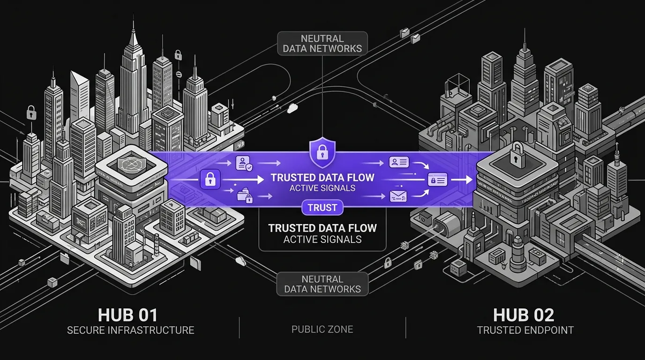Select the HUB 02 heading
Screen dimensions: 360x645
coord(524,315)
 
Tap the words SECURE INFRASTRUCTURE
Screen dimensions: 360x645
coord(130,330)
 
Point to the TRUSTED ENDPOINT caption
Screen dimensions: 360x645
coord(525,330)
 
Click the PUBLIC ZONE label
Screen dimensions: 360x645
coord(322,329)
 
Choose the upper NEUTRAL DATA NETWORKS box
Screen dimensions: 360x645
coord(322,44)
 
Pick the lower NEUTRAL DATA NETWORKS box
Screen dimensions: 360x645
coord(322,284)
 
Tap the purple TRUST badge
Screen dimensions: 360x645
coord(322,208)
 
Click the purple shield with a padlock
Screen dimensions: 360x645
coord(322,153)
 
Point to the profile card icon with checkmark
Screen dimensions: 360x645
coord(244,163)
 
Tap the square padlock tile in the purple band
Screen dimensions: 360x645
coord(210,179)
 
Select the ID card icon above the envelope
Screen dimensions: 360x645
coord(399,162)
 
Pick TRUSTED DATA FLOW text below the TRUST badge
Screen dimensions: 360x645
coord(322,228)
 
